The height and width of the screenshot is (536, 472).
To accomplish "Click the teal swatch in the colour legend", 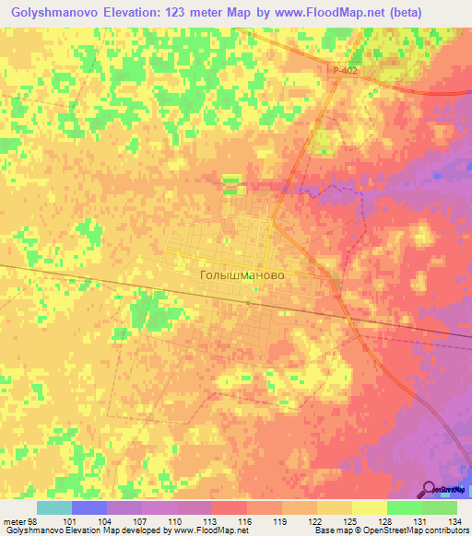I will [x=53, y=507].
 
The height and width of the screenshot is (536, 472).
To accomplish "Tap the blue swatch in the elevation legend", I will [x=88, y=507].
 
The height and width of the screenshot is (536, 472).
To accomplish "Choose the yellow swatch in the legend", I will [x=369, y=507].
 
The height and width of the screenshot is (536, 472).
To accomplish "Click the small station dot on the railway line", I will [x=248, y=302].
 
